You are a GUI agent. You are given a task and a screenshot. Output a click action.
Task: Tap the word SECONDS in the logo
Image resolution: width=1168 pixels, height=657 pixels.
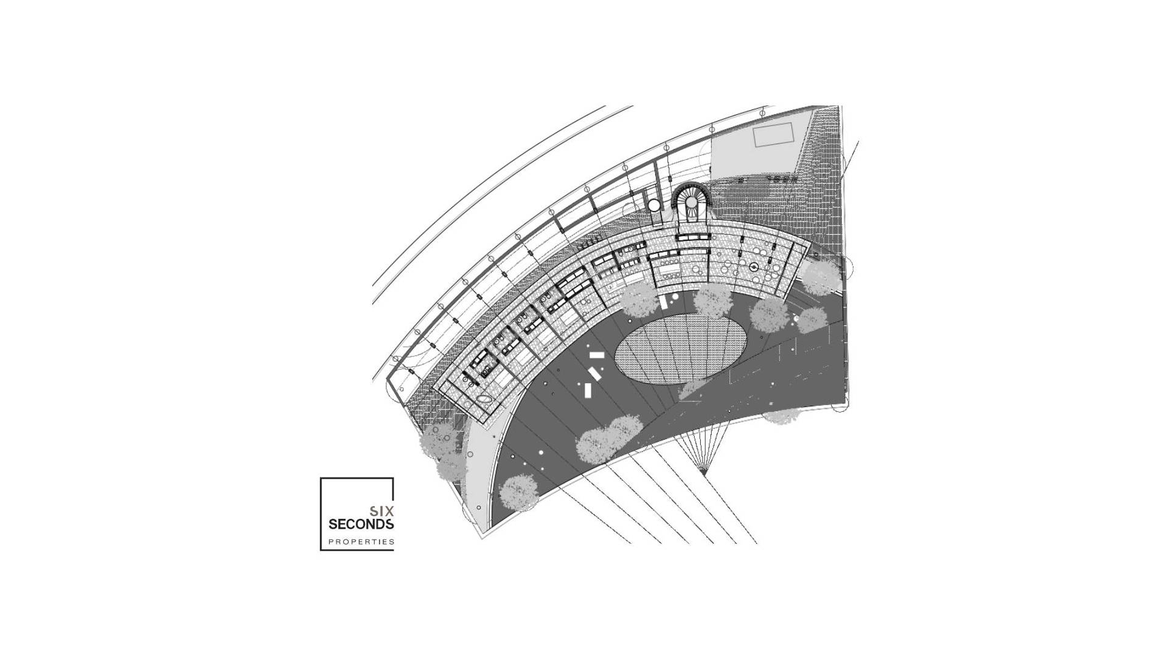(361, 524)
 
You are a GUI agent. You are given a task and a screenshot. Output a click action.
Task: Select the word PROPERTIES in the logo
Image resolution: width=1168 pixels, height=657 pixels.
(361, 541)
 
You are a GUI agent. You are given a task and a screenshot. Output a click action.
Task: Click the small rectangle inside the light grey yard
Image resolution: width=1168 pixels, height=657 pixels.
(773, 134)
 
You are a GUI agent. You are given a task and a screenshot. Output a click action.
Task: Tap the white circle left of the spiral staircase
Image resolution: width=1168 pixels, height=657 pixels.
(653, 206)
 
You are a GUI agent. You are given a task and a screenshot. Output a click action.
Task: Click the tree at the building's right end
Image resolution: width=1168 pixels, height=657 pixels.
(821, 277)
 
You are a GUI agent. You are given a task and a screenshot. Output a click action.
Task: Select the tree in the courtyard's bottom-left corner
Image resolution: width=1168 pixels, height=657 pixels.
(518, 492)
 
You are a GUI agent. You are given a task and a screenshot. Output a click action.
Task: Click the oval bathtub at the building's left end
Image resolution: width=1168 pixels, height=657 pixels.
(484, 399)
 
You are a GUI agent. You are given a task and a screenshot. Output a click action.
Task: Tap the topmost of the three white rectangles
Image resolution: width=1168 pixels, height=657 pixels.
(597, 355)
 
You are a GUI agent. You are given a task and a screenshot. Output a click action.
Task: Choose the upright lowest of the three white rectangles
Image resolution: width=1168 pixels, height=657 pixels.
(588, 390)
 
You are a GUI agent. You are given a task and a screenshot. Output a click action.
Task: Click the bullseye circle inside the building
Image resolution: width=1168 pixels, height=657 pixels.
(754, 267)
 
